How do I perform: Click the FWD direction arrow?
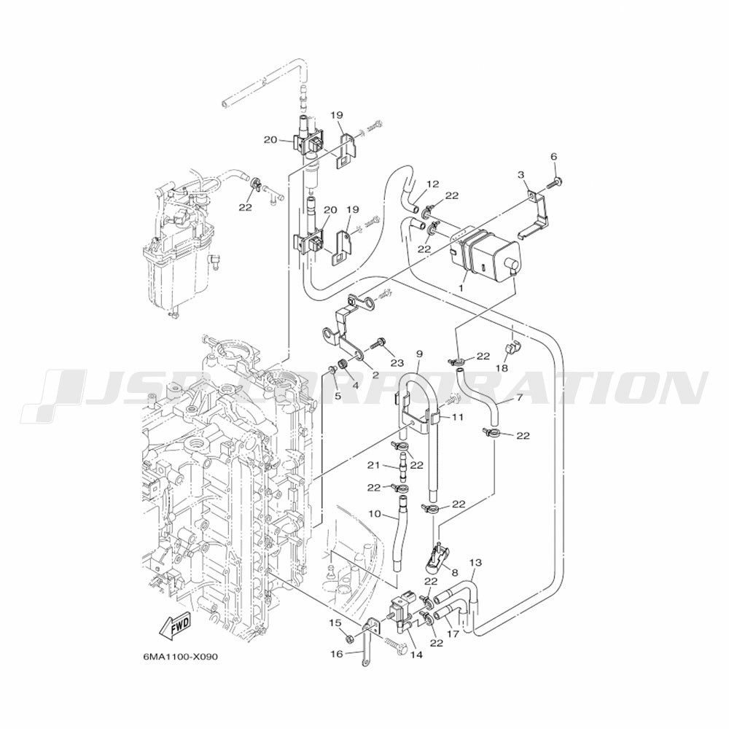click(173, 625)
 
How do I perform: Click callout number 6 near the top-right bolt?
click(553, 157)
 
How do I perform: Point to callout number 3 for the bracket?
click(521, 175)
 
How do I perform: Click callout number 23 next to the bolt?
click(396, 362)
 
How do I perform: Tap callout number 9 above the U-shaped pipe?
click(419, 354)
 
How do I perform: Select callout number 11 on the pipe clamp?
click(457, 418)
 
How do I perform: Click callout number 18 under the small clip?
click(502, 369)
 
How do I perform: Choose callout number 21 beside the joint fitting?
click(373, 465)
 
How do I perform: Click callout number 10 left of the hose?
click(374, 514)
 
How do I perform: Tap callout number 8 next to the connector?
click(455, 574)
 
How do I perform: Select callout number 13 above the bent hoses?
click(475, 563)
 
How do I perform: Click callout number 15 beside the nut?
click(335, 623)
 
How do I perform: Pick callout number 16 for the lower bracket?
click(336, 654)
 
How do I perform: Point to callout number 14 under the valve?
click(416, 654)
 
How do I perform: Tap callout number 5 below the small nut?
click(338, 396)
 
